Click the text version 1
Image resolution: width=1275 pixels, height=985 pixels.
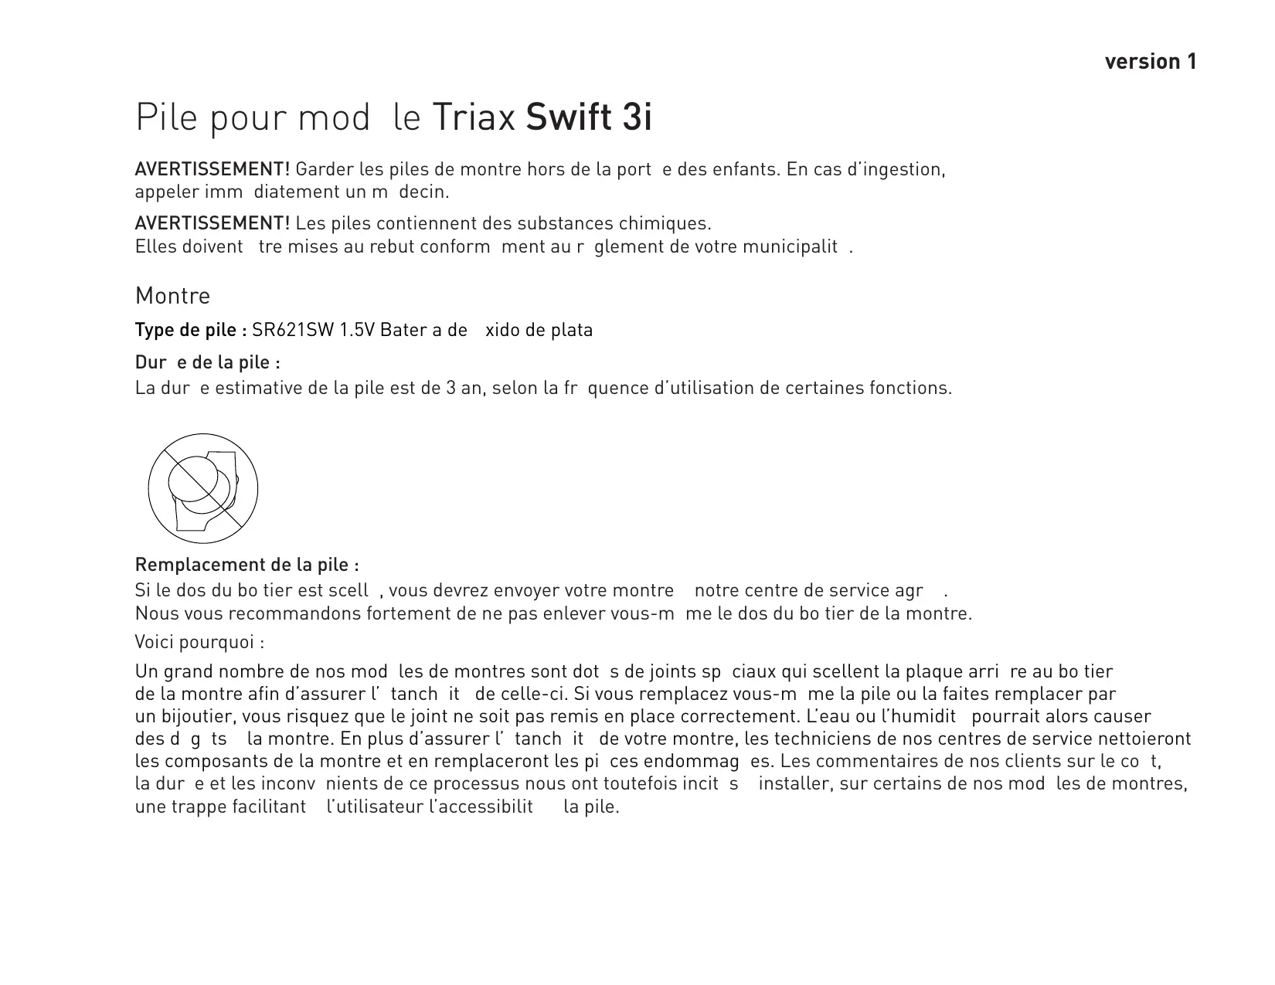pos(1151,62)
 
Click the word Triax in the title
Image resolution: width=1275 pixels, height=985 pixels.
pos(473,117)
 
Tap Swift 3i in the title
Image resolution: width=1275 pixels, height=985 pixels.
pos(589,117)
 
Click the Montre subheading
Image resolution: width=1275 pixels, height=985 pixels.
pos(172,296)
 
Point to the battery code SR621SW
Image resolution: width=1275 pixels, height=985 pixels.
pos(293,331)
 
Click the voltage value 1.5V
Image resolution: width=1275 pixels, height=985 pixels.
pos(357,331)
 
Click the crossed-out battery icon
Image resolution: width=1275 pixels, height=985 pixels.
pos(202,488)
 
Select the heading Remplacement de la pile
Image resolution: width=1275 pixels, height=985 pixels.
pos(246,565)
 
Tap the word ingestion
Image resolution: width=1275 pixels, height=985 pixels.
pos(907,169)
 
